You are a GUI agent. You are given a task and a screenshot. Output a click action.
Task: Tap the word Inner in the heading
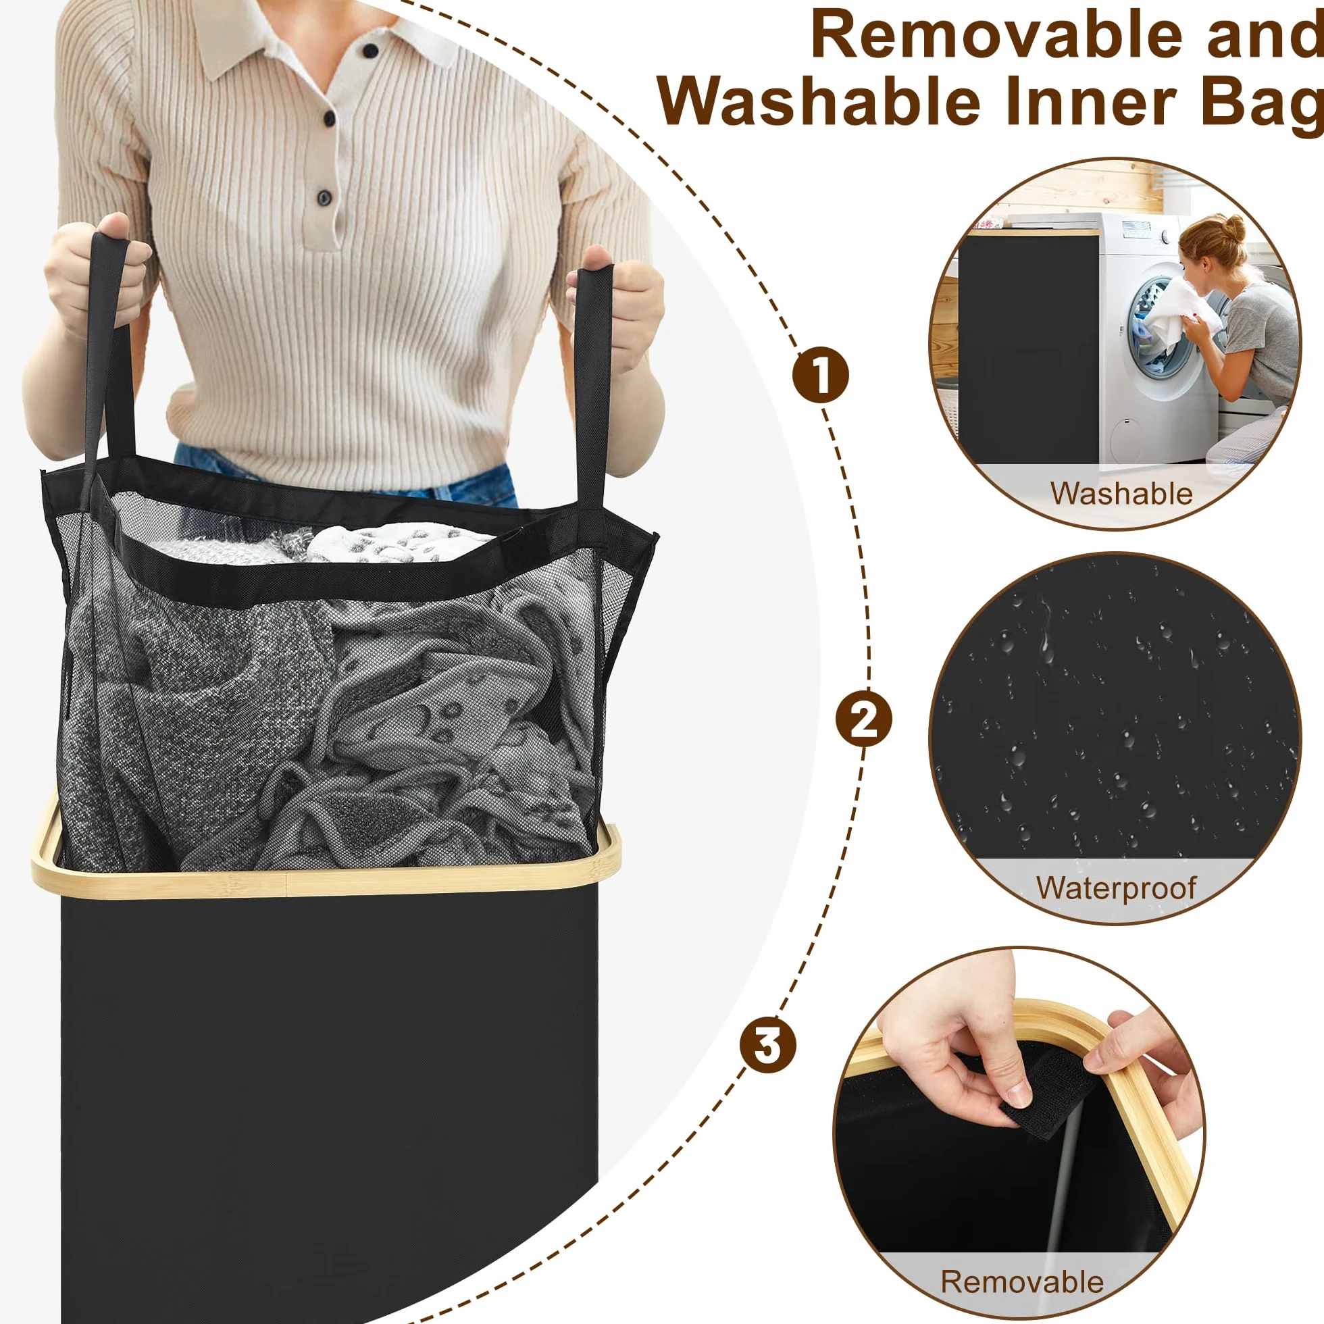pyautogui.click(x=1091, y=101)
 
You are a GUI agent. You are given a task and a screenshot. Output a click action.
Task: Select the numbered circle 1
pyautogui.click(x=820, y=375)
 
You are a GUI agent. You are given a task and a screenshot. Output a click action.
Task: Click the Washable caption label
pyautogui.click(x=1121, y=493)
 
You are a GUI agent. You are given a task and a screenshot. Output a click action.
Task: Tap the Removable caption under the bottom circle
pyautogui.click(x=1023, y=1281)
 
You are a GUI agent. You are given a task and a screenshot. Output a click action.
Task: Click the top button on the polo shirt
pyautogui.click(x=370, y=50)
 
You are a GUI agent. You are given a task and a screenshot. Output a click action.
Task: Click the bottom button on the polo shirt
pyautogui.click(x=324, y=199)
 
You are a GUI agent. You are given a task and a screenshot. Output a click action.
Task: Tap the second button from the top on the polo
pyautogui.click(x=329, y=120)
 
